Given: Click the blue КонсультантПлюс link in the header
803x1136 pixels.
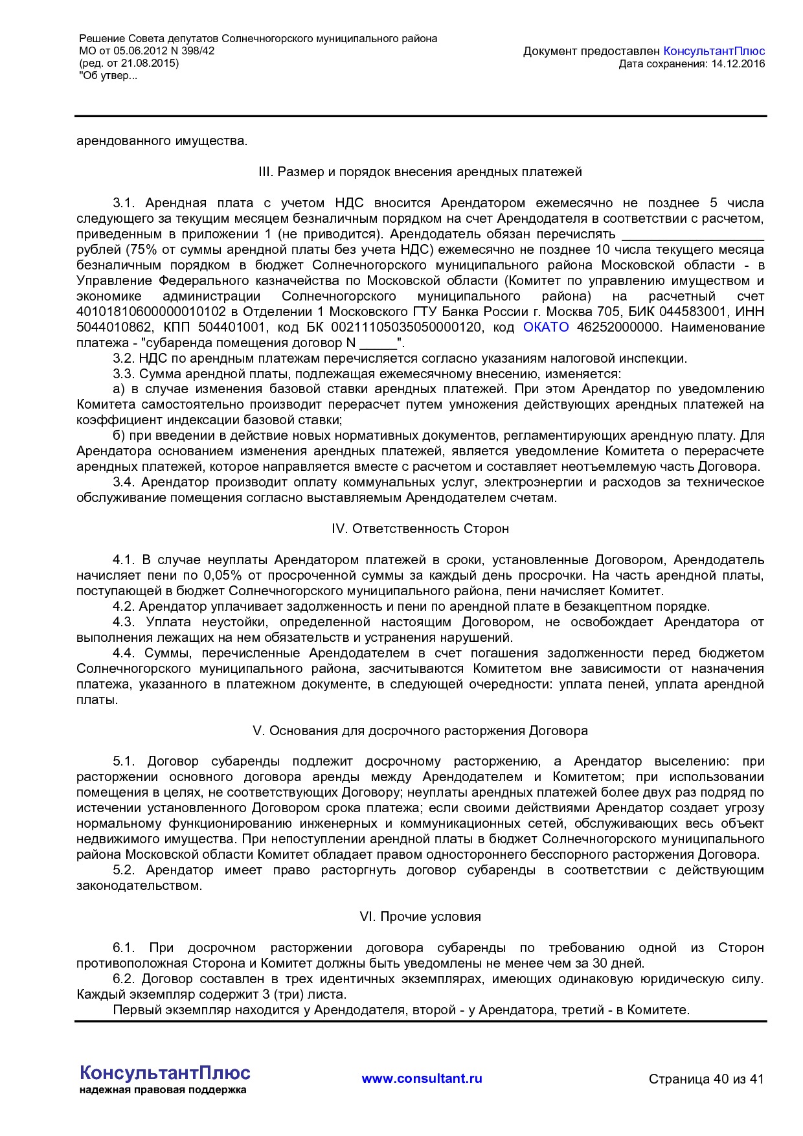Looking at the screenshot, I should point(714,51).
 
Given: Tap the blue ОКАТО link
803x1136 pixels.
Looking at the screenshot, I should point(546,327).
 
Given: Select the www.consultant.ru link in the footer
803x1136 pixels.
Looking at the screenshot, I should point(422,1078).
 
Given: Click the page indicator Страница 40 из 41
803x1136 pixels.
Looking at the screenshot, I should point(706,1079).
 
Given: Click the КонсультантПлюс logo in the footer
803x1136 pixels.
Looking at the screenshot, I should point(164,1073).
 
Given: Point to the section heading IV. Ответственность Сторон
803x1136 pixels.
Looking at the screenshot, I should point(420,528).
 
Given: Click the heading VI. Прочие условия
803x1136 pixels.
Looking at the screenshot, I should point(420,916).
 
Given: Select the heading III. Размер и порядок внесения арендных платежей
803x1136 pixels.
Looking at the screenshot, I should point(420,172).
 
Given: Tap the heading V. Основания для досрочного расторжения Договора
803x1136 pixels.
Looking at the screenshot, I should point(420,731).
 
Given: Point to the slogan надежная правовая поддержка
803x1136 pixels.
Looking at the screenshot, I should point(163,1090).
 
